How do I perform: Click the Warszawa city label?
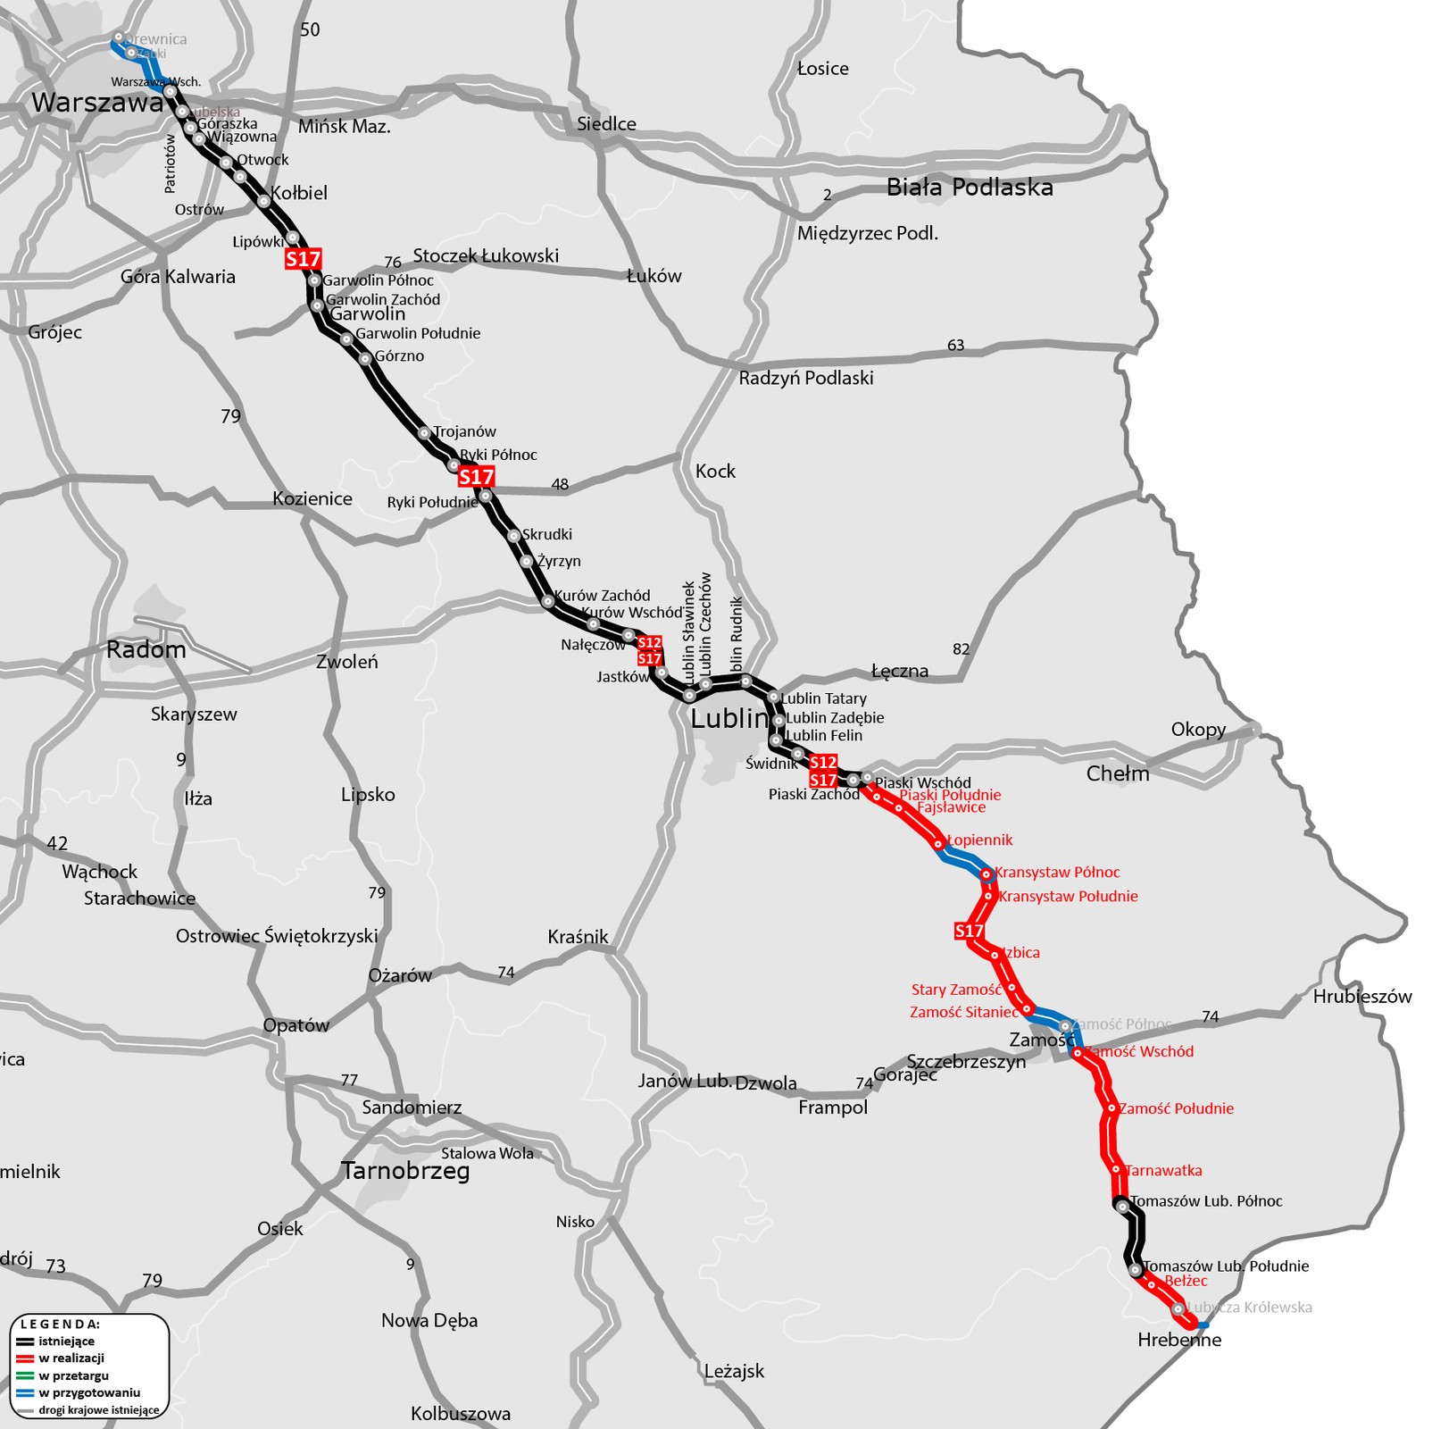point(97,103)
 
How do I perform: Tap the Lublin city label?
point(728,718)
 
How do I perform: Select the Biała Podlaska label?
point(970,188)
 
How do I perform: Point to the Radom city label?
point(146,649)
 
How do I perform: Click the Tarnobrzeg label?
point(405,1170)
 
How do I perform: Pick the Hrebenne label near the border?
point(1179,1340)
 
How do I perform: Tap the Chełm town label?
point(1118,773)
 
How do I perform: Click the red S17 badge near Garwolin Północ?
point(303,259)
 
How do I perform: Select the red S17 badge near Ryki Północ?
point(476,477)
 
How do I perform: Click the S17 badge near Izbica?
point(969,932)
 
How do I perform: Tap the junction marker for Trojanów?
point(425,433)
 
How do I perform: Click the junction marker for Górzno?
point(365,359)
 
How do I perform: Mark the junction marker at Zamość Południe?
point(1111,1108)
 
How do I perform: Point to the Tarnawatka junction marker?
point(1116,1169)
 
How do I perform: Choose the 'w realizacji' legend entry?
point(71,1358)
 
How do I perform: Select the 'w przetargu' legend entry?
point(73,1375)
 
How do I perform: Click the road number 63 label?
point(955,346)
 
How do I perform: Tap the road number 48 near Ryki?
point(560,485)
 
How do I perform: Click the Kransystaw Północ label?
point(1057,873)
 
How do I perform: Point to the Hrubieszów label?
point(1362,997)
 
